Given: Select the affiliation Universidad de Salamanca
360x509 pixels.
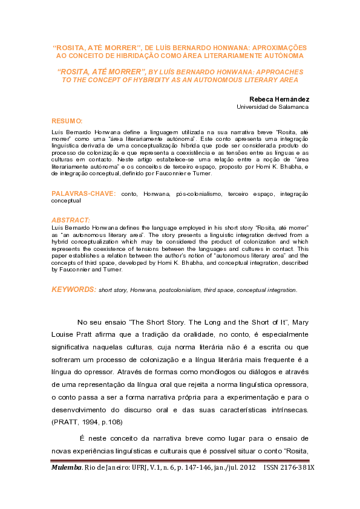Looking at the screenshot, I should pyautogui.click(x=272, y=107).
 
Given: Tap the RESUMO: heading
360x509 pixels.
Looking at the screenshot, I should pyautogui.click(x=67, y=121).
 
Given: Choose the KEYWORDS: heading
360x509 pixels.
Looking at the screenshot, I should pyautogui.click(x=73, y=290).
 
